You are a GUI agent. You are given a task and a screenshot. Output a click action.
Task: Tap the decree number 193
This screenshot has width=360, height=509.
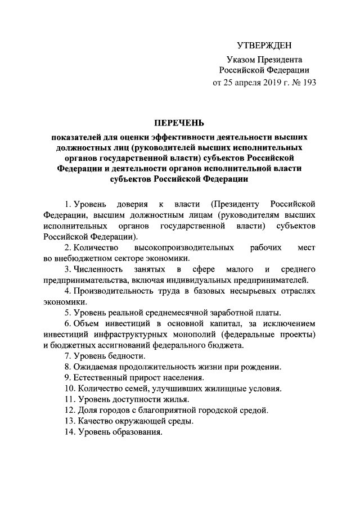coord(309,83)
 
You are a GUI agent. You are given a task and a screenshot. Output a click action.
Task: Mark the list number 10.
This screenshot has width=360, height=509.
coord(69,389)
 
